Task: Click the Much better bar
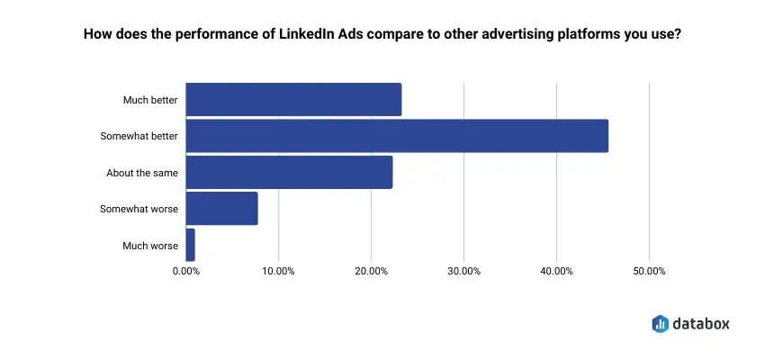click(x=293, y=100)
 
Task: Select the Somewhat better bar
click(x=397, y=136)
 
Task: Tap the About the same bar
click(x=289, y=172)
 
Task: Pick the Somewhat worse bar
click(x=221, y=209)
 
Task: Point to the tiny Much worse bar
click(x=190, y=245)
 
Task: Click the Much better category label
click(x=150, y=100)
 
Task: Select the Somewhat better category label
click(x=139, y=136)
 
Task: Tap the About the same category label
click(x=142, y=172)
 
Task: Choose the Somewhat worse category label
click(x=139, y=209)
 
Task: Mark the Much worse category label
click(x=150, y=245)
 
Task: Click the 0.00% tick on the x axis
click(x=185, y=271)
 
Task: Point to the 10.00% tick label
click(x=278, y=271)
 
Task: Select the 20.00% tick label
click(x=371, y=271)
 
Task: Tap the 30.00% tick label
click(x=463, y=271)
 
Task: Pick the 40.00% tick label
click(x=556, y=271)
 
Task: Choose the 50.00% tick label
click(x=649, y=271)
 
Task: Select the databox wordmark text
click(x=700, y=323)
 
